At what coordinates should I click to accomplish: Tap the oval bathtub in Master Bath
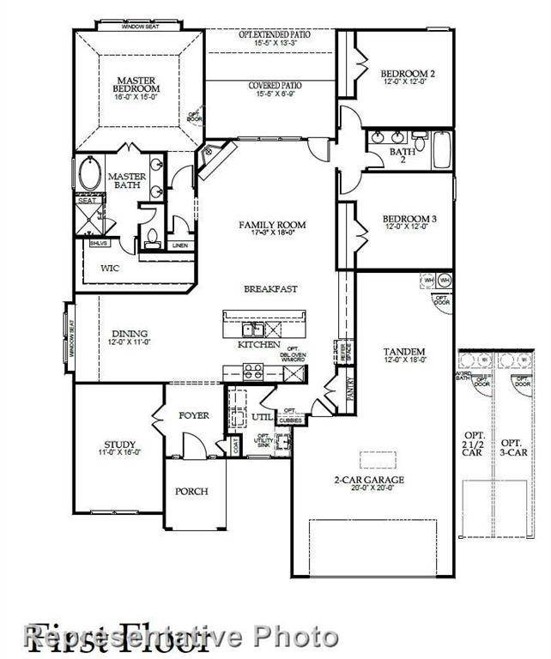click(x=90, y=175)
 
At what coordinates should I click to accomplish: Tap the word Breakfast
click(x=270, y=289)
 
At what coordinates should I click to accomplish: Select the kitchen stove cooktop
click(x=253, y=372)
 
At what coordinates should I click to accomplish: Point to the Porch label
click(x=191, y=492)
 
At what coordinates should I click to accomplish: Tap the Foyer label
click(x=194, y=415)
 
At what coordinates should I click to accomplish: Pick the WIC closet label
click(x=110, y=268)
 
